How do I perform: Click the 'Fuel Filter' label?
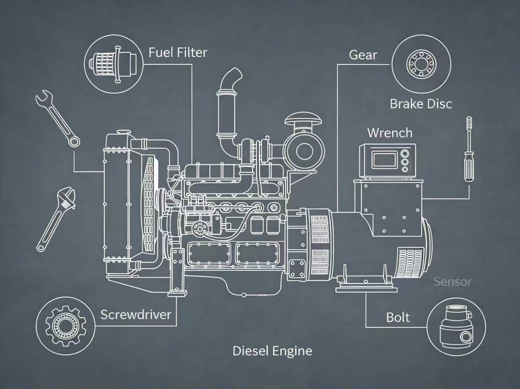[x=178, y=52]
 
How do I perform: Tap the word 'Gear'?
[x=363, y=55]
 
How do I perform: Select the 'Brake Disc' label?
[x=421, y=104]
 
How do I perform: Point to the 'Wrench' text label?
[x=390, y=133]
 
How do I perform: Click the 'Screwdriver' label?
[x=136, y=315]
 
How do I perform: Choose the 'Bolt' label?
[x=398, y=318]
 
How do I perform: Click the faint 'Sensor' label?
[x=453, y=282]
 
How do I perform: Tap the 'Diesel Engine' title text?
[x=272, y=351]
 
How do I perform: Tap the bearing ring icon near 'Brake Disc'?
[x=421, y=64]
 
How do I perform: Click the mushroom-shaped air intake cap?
[x=303, y=119]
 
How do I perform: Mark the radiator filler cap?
[x=123, y=132]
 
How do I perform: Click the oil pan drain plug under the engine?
[x=244, y=295]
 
